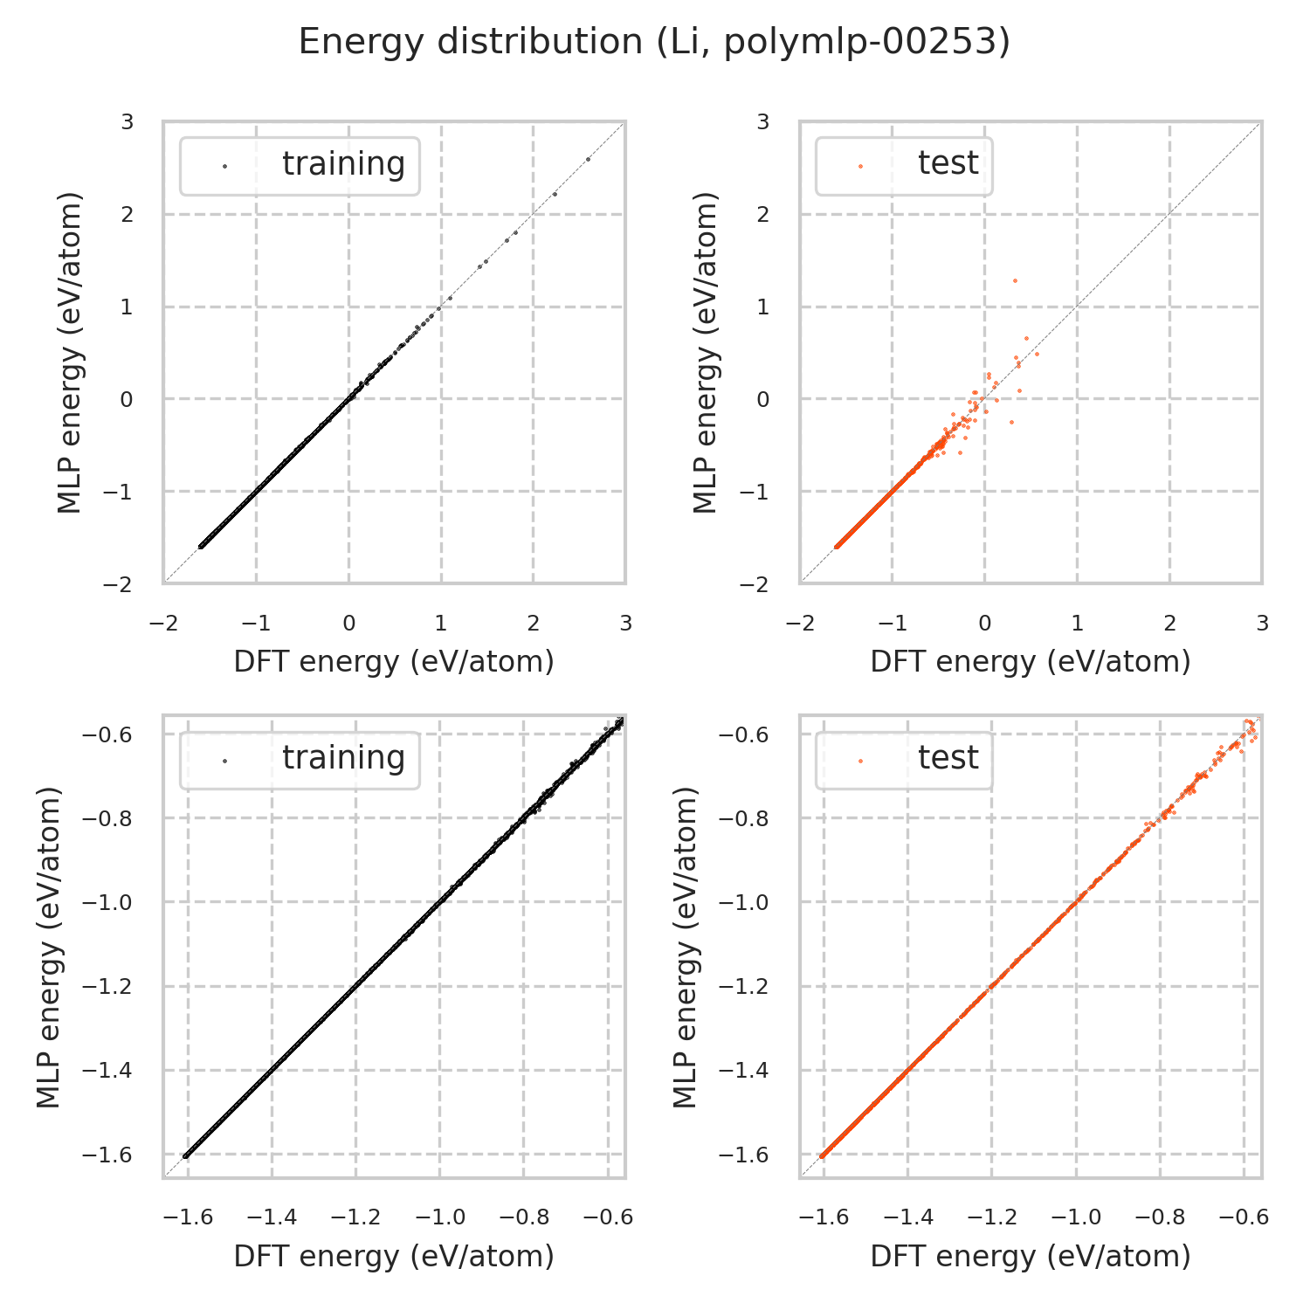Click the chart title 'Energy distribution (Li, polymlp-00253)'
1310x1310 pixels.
click(x=654, y=42)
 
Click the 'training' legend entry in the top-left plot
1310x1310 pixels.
click(x=343, y=164)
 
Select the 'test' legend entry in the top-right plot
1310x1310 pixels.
click(x=948, y=163)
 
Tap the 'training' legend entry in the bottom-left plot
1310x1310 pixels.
click(x=343, y=758)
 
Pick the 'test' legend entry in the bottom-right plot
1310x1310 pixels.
click(x=948, y=758)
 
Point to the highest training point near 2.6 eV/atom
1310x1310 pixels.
click(x=588, y=159)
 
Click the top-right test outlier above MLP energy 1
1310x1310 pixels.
click(x=1015, y=280)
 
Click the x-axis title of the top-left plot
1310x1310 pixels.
click(x=394, y=662)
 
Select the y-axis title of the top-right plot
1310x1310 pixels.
click(x=704, y=352)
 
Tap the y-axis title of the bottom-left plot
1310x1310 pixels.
click(x=50, y=947)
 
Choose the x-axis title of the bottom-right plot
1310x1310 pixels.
click(x=1031, y=1256)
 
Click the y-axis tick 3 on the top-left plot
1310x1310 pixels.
click(x=128, y=122)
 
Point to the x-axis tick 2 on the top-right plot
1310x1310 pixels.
click(x=1169, y=624)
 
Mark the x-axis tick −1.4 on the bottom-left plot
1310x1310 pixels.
click(x=272, y=1217)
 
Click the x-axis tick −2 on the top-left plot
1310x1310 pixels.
click(x=163, y=624)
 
